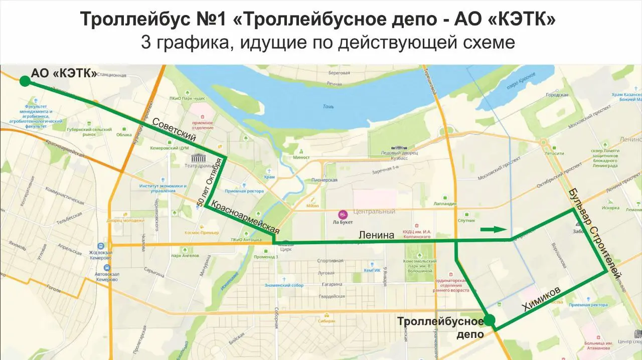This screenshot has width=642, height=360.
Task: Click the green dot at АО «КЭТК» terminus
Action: coord(25,81)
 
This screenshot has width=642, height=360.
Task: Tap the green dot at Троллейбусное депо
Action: coord(489,320)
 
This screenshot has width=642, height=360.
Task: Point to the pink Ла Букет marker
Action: coord(343,214)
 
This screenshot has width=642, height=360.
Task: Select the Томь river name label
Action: coord(328,106)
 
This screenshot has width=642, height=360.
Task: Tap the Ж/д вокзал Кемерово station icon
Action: coord(101,246)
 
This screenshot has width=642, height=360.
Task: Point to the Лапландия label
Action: coord(445,204)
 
